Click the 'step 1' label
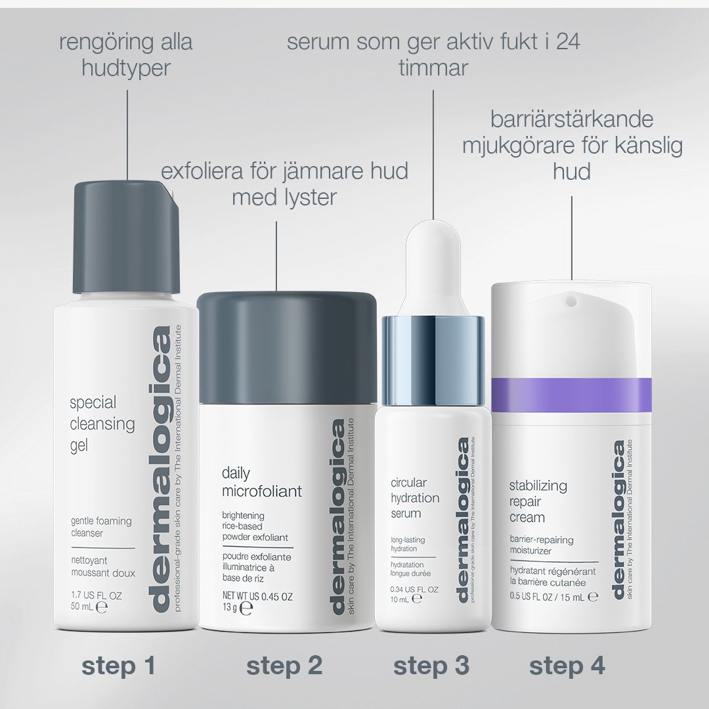(118, 666)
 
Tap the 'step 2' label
(284, 666)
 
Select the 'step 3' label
(431, 666)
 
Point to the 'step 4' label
(567, 666)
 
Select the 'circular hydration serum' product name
(415, 498)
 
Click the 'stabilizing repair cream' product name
(538, 502)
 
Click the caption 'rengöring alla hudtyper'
(125, 55)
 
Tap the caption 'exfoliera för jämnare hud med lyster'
(284, 184)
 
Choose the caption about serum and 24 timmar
(433, 55)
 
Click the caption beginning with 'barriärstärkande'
(572, 145)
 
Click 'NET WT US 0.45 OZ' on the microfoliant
(257, 597)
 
